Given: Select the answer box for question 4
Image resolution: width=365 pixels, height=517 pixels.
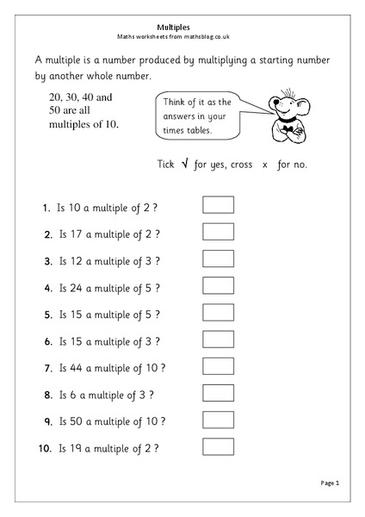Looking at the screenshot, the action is point(218,286).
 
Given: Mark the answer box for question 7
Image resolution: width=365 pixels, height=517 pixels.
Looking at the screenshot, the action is point(218,367).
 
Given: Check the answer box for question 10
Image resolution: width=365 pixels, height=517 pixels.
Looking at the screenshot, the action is point(218,447).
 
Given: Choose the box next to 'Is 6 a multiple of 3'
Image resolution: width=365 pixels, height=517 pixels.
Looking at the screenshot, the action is point(218,394).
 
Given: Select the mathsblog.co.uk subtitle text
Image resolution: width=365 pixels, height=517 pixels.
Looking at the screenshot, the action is point(182,37).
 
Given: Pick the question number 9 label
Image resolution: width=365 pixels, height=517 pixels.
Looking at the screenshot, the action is point(46,422).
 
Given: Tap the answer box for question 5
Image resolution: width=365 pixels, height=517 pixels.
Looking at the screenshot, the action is point(218,313).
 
